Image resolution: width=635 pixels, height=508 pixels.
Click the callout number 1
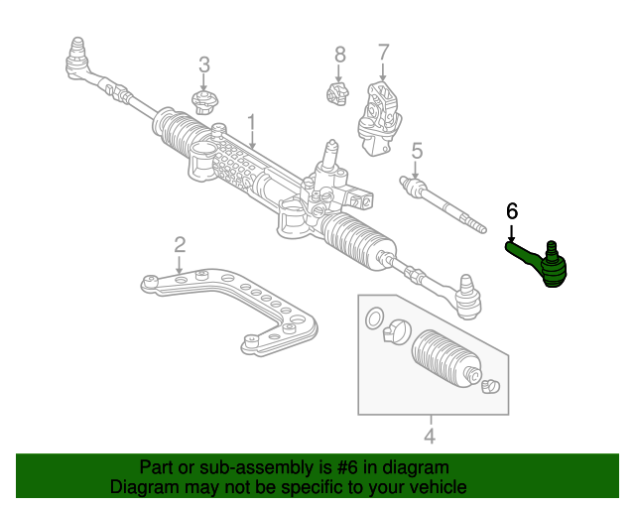[252, 123]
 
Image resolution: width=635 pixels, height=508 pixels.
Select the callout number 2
[180, 244]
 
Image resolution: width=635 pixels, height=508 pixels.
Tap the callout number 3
[204, 65]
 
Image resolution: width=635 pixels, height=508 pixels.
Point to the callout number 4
[430, 435]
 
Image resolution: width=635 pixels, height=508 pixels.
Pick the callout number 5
[417, 151]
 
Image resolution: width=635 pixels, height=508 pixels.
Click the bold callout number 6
[512, 210]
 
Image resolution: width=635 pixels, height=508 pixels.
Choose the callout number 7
[383, 52]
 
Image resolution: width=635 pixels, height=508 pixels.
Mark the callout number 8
[339, 54]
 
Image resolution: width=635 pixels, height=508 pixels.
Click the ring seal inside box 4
[375, 318]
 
